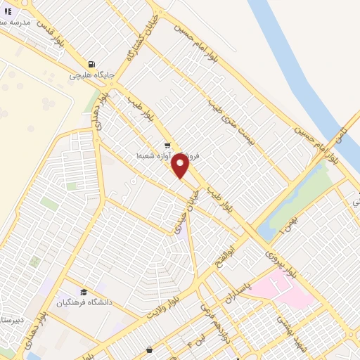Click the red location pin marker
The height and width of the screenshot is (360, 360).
pyautogui.click(x=180, y=166)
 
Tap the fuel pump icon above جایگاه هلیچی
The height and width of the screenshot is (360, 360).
pyautogui.click(x=91, y=61)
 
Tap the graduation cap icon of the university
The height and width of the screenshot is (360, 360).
pyautogui.click(x=83, y=292)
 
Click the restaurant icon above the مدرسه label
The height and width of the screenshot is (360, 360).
pyautogui.click(x=7, y=11)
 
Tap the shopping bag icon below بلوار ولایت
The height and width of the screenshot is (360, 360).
pyautogui.click(x=148, y=350)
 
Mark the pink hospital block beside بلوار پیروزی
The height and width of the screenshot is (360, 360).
pyautogui.click(x=282, y=288)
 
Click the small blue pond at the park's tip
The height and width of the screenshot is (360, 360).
pyautogui.click(x=264, y=233)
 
